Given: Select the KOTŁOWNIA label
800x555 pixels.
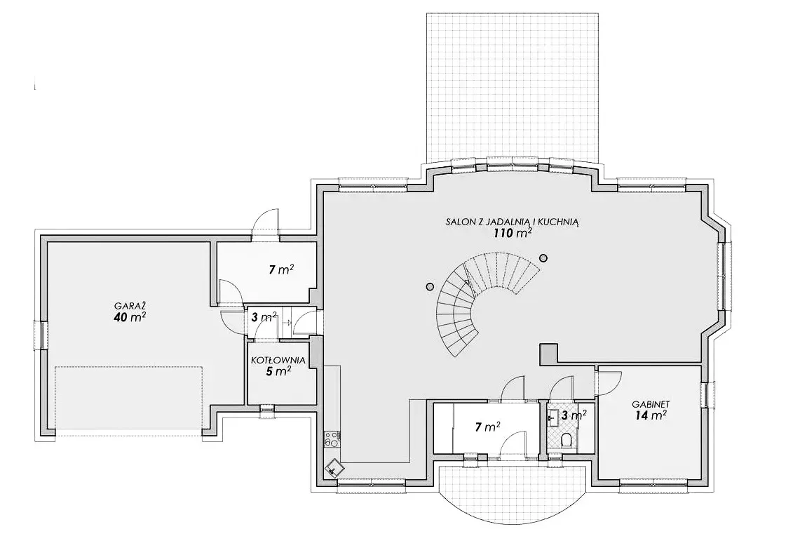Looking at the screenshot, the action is (278, 361).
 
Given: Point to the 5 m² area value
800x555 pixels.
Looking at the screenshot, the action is (278, 371).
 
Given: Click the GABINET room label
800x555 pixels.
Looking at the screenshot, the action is (651, 404).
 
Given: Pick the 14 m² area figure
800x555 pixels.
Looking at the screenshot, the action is (651, 415).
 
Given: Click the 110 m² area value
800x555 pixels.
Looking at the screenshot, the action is (513, 234).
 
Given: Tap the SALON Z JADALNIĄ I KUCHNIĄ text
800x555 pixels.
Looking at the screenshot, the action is (513, 222).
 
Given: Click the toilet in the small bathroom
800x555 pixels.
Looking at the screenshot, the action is (565, 440).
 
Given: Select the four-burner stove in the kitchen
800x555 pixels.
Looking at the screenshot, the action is (331, 439).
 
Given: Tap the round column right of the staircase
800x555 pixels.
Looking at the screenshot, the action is (543, 258).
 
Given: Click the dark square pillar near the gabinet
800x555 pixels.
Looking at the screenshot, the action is (548, 354).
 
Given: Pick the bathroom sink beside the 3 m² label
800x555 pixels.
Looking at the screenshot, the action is (551, 417).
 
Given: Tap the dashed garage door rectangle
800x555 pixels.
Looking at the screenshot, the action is (130, 401).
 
